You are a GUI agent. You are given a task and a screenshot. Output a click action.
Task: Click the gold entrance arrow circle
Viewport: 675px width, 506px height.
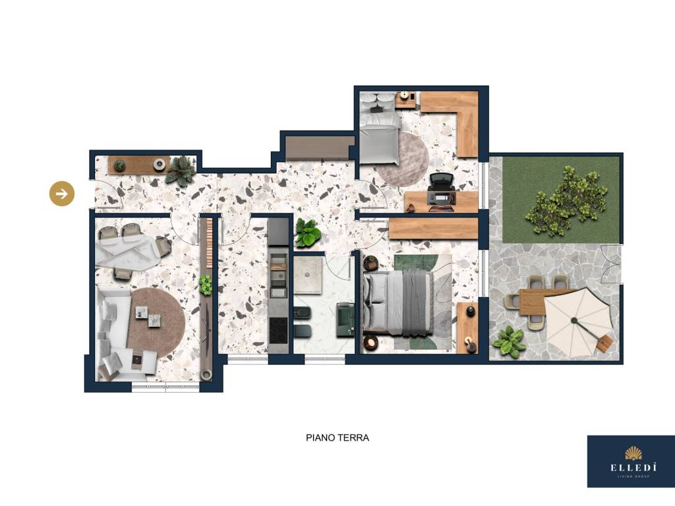pos(62,194)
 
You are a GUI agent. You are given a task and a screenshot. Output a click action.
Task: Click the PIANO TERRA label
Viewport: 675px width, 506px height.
pos(337,437)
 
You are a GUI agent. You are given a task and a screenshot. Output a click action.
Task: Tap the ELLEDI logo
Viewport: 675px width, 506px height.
pos(631,461)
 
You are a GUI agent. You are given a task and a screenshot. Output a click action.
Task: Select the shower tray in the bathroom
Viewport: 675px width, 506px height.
pos(308,275)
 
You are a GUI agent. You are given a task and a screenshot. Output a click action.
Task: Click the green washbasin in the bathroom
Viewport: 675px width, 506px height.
pos(345,318)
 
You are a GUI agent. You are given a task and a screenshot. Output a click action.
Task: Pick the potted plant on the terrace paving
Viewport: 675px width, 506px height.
pos(510,341)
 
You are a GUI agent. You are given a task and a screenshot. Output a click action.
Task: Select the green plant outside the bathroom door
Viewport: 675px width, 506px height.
pos(308,233)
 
